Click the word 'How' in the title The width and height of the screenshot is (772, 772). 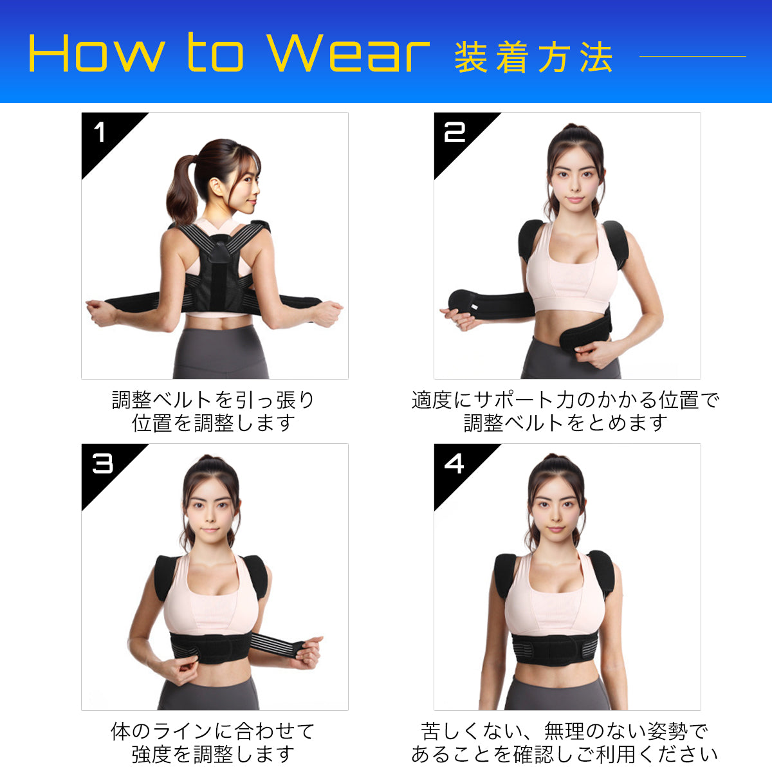pos(96,53)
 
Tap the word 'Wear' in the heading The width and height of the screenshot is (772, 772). pos(348,53)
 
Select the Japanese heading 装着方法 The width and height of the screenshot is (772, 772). pos(533,58)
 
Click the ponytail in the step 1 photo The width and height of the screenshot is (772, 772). pos(181,188)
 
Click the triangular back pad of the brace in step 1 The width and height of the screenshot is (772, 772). pos(219,250)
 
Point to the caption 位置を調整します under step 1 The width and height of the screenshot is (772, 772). pos(214,423)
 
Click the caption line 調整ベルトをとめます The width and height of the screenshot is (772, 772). pos(565,423)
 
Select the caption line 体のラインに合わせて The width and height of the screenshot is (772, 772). pos(213,731)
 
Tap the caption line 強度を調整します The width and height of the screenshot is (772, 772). pos(213,755)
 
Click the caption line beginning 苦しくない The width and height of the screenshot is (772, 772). pos(565,731)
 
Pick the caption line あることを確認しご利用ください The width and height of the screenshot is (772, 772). pos(565,755)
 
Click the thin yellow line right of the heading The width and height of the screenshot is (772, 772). pos(692,56)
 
